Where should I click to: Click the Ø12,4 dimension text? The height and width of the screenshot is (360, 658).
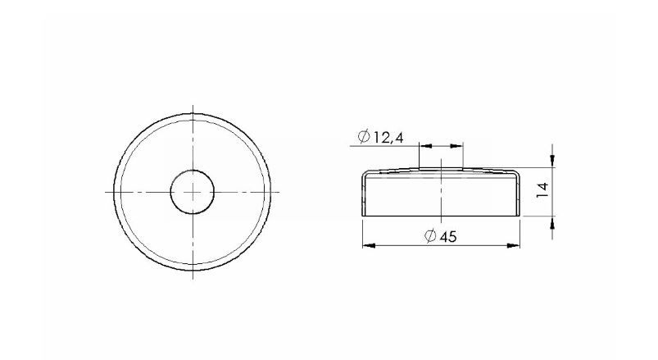coord(381,136)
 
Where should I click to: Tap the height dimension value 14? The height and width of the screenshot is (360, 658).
coord(541,191)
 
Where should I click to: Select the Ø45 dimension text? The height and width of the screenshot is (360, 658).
coord(440,236)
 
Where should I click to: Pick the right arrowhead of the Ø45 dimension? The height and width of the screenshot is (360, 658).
coord(516,244)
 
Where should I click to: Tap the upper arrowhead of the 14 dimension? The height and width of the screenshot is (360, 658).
coord(553,158)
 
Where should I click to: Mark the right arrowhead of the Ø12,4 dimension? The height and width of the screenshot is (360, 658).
coord(459,146)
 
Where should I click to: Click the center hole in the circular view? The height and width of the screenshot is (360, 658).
coord(192,192)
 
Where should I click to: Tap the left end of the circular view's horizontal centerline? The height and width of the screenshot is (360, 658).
coord(106,192)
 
